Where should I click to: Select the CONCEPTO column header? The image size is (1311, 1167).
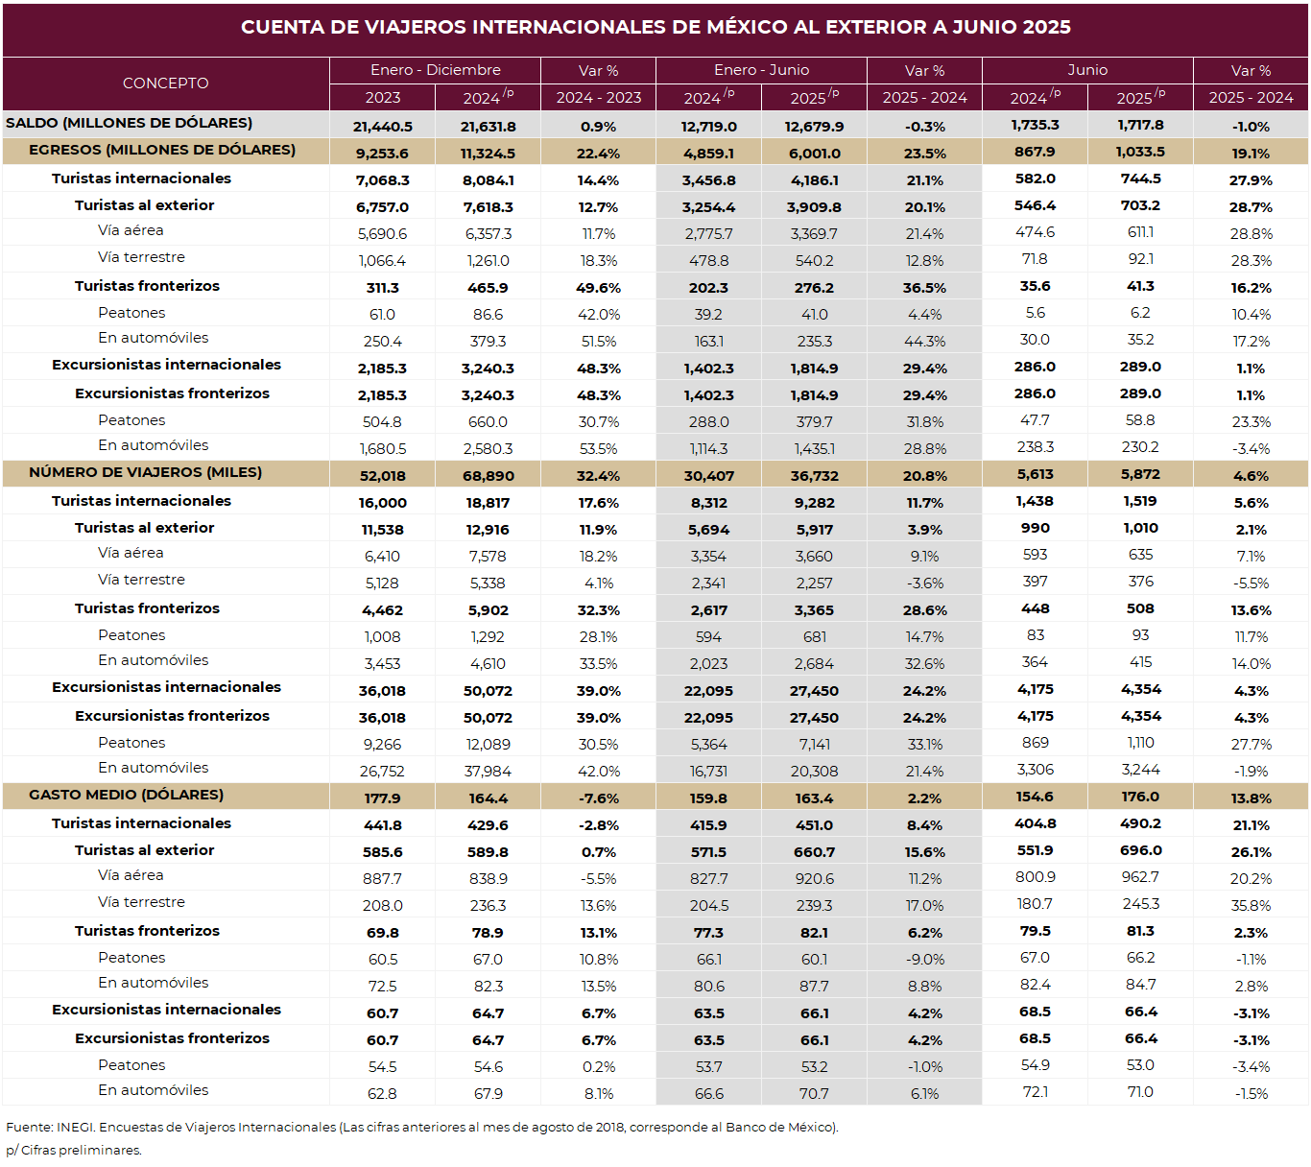click(x=166, y=83)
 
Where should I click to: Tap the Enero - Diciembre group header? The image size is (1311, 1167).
click(x=436, y=70)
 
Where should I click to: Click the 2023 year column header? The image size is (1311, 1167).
click(x=382, y=98)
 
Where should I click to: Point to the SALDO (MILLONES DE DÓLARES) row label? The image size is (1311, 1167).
click(x=129, y=123)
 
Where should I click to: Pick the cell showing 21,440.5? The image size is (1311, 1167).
click(x=382, y=127)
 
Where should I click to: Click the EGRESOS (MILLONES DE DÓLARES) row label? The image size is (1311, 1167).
click(x=162, y=150)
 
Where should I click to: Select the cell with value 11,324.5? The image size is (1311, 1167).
click(x=488, y=155)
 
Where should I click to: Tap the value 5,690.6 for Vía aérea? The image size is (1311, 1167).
click(x=382, y=234)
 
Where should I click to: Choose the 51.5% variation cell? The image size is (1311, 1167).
click(x=599, y=342)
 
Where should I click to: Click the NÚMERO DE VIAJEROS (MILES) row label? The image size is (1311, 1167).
click(x=145, y=472)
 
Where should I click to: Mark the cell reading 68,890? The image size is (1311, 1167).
click(x=488, y=476)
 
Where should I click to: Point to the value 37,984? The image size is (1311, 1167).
click(x=488, y=772)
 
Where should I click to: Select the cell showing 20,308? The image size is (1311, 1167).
click(x=814, y=772)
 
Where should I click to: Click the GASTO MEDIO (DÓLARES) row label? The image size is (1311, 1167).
click(x=126, y=795)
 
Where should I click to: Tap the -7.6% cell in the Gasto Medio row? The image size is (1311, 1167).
click(x=599, y=798)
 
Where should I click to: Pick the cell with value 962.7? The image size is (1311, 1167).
click(x=1140, y=878)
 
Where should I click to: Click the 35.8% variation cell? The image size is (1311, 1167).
click(x=1251, y=906)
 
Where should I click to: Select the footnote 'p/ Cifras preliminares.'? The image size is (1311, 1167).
click(x=74, y=1150)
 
